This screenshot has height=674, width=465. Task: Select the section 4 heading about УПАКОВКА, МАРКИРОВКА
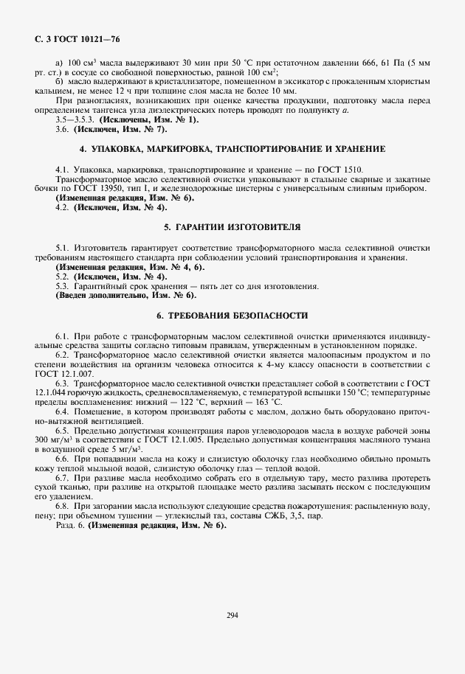coord(232,149)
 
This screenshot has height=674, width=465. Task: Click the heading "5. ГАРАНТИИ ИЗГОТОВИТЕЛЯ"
coord(232,226)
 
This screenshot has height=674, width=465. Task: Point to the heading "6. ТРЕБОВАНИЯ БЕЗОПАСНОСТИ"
coord(232,315)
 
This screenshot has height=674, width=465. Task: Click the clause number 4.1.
coord(62,170)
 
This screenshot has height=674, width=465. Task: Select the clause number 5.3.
coord(62,285)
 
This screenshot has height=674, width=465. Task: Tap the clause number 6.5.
coord(62,429)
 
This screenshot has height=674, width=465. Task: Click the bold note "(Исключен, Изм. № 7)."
coord(118,129)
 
